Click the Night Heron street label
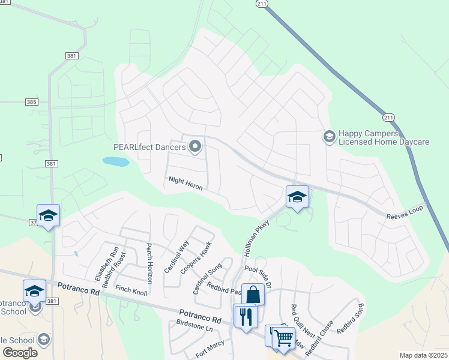point(185,184)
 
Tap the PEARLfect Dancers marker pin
point(195,146)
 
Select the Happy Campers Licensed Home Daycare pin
point(329,137)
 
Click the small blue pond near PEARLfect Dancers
point(116,161)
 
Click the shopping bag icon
point(253,295)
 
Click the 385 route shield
point(32,102)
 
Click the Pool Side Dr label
point(259,275)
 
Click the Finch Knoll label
point(131,289)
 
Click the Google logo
point(20,352)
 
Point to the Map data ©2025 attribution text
point(423,355)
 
